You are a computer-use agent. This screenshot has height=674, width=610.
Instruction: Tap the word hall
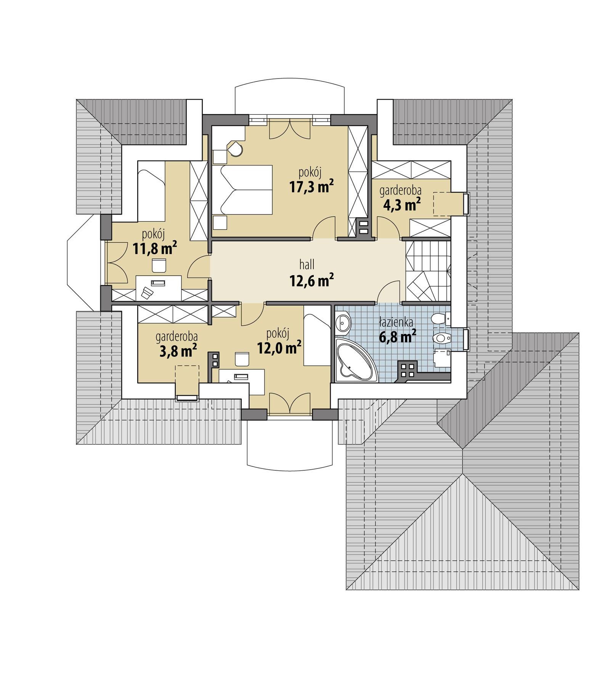point(307,264)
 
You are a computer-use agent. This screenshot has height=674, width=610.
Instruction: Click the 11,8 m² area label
point(154,249)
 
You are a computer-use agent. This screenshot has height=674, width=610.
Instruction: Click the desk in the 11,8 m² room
point(158,287)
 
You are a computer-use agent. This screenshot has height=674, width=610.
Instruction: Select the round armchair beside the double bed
point(235,149)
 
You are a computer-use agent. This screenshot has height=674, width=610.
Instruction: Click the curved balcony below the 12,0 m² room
point(290,442)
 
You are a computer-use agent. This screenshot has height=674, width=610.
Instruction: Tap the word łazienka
point(396,323)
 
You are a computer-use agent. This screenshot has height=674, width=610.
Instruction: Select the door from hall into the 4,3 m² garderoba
point(389,228)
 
